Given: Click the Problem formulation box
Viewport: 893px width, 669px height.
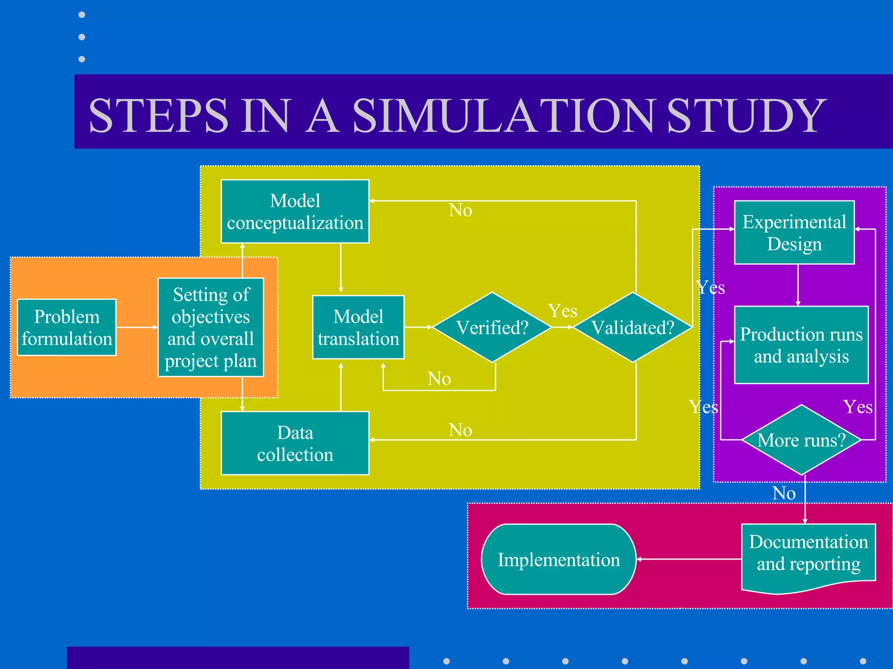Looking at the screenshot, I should click(x=67, y=327).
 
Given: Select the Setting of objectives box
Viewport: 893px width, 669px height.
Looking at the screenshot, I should click(x=211, y=327).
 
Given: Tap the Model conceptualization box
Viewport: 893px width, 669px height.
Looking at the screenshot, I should click(x=295, y=211).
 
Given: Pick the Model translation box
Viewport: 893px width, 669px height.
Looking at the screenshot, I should click(x=358, y=327).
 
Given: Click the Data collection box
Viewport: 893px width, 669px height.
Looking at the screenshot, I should click(x=295, y=443).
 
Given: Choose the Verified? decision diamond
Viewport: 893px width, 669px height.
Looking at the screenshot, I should click(x=492, y=327).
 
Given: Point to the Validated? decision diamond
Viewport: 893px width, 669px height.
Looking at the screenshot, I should click(x=633, y=327).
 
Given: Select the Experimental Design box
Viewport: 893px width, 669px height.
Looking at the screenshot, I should click(x=794, y=232).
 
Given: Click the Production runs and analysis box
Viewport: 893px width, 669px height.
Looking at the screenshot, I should click(x=801, y=345).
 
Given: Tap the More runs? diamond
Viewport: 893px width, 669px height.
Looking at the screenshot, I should click(x=801, y=440).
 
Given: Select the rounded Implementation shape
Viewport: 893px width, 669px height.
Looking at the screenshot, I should click(x=559, y=559).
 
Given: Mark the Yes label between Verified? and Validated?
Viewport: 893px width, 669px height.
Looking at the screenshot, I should click(x=562, y=311).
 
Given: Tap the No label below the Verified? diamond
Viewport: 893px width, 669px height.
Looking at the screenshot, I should click(x=439, y=378).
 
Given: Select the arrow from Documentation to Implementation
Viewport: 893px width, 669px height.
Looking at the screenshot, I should click(x=689, y=559).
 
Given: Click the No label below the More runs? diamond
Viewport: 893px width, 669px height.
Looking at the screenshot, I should click(x=784, y=493).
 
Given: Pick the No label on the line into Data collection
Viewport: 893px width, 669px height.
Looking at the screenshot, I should click(x=460, y=430).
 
